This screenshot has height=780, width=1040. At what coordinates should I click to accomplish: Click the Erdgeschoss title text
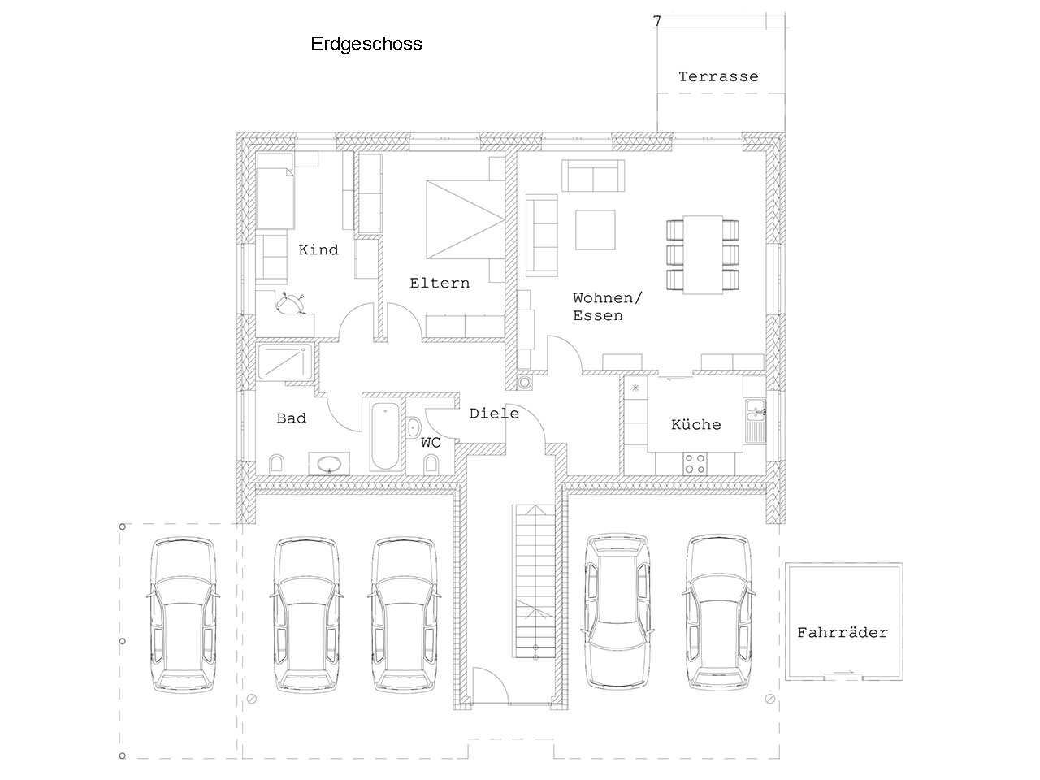366,44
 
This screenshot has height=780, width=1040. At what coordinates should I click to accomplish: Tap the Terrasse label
718,76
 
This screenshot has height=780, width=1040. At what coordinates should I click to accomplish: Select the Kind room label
318,249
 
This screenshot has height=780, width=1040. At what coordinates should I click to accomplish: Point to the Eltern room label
440,284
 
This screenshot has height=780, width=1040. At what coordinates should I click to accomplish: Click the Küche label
696,424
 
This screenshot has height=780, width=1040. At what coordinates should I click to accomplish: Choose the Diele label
494,414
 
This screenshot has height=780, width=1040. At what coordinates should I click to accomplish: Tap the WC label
431,442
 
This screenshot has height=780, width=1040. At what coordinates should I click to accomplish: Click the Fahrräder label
843,632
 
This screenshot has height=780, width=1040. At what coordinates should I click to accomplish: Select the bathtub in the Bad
385,435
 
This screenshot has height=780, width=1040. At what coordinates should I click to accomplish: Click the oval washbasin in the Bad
329,464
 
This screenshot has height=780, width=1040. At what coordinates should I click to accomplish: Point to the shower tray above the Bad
284,362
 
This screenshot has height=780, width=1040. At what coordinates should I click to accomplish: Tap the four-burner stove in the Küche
695,464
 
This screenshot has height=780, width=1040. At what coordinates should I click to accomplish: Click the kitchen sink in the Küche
756,422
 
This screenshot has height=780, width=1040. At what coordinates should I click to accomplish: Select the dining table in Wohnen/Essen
703,255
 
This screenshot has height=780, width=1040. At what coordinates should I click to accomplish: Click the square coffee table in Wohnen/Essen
595,230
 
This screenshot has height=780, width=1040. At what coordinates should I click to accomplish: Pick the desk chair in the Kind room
290,303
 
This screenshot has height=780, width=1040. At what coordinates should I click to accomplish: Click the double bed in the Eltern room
466,219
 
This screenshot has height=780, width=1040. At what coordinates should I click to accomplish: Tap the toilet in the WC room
431,464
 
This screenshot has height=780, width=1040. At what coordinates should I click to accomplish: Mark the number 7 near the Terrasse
656,21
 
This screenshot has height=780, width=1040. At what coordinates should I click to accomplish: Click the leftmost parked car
184,615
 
